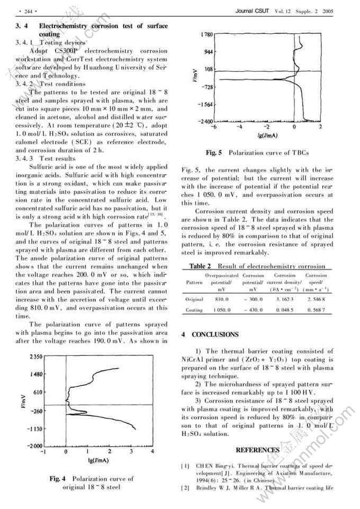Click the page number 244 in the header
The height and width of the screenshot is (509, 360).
(x=24, y=11)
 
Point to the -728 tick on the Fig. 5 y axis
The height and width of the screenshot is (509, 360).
(x=207, y=87)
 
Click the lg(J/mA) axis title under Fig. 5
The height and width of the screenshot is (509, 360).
(x=268, y=136)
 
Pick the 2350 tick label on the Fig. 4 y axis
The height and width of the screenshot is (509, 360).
(x=35, y=357)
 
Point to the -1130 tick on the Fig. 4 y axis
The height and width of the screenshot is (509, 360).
(x=34, y=428)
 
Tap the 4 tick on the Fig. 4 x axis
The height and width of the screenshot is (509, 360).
(x=152, y=452)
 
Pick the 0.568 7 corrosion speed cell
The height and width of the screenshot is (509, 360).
(x=316, y=310)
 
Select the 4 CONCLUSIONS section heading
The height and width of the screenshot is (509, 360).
(x=210, y=335)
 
